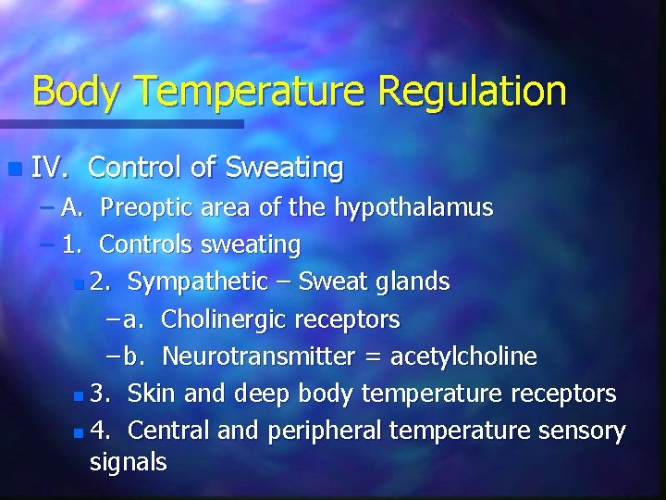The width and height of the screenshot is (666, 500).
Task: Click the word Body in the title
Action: click(x=78, y=92)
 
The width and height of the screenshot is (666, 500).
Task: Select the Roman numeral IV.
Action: click(x=46, y=168)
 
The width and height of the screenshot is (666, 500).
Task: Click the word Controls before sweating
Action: click(x=144, y=245)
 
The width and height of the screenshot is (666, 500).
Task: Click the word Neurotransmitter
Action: click(x=258, y=357)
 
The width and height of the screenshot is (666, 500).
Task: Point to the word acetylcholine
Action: click(x=463, y=357)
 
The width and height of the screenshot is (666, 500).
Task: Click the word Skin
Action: click(x=153, y=394)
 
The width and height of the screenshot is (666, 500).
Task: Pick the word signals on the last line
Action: click(x=128, y=462)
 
